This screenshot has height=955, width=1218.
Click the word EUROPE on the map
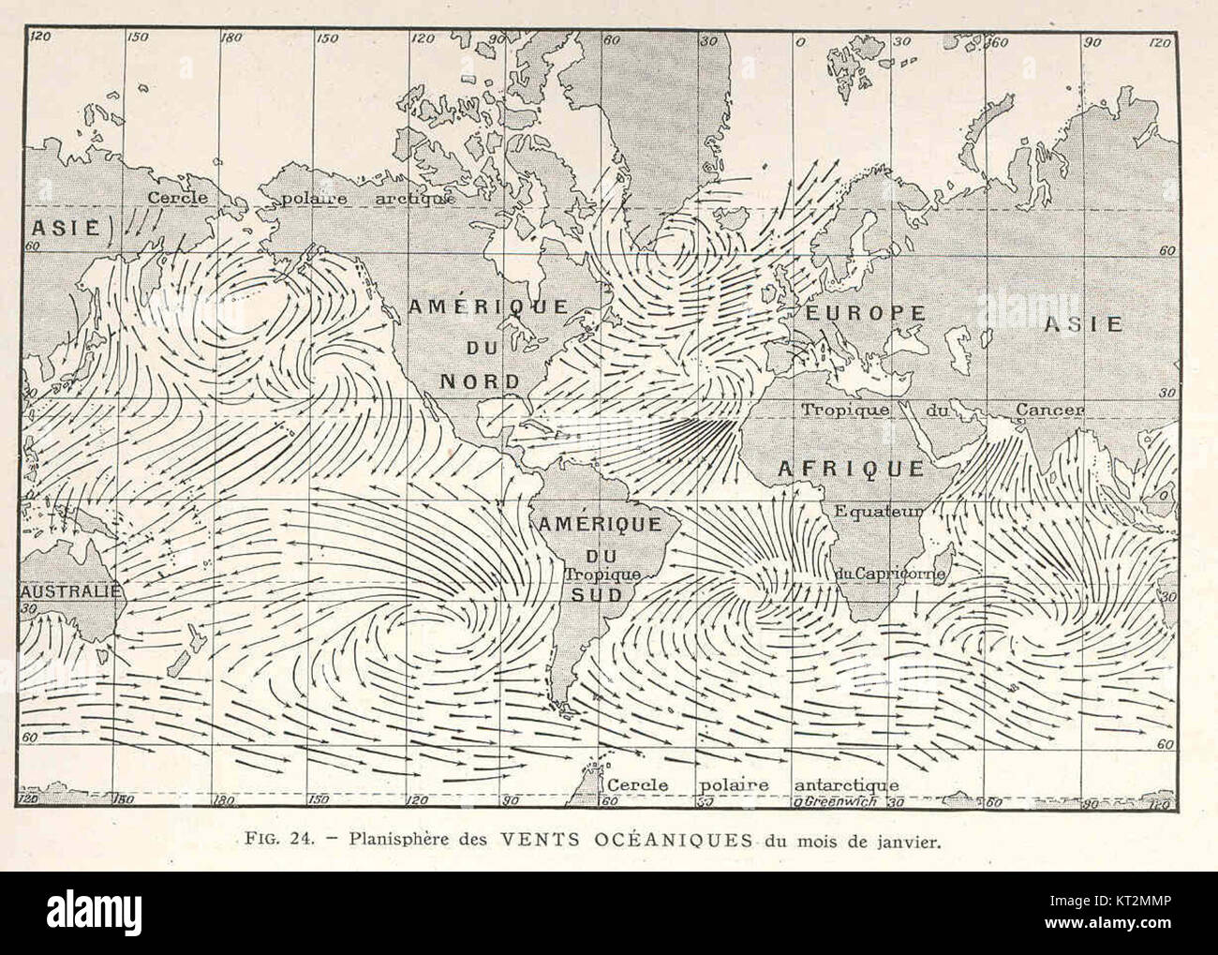pyautogui.click(x=861, y=313)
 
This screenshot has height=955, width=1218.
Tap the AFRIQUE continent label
pyautogui.click(x=849, y=468)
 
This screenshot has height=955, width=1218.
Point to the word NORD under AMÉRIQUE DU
pyautogui.click(x=481, y=381)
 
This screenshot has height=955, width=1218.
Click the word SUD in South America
pyautogui.click(x=600, y=593)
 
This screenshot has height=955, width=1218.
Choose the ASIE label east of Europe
pyautogui.click(x=1083, y=324)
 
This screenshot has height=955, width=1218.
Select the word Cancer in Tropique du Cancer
pyautogui.click(x=1050, y=410)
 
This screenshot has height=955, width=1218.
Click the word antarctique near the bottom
pyautogui.click(x=846, y=784)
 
